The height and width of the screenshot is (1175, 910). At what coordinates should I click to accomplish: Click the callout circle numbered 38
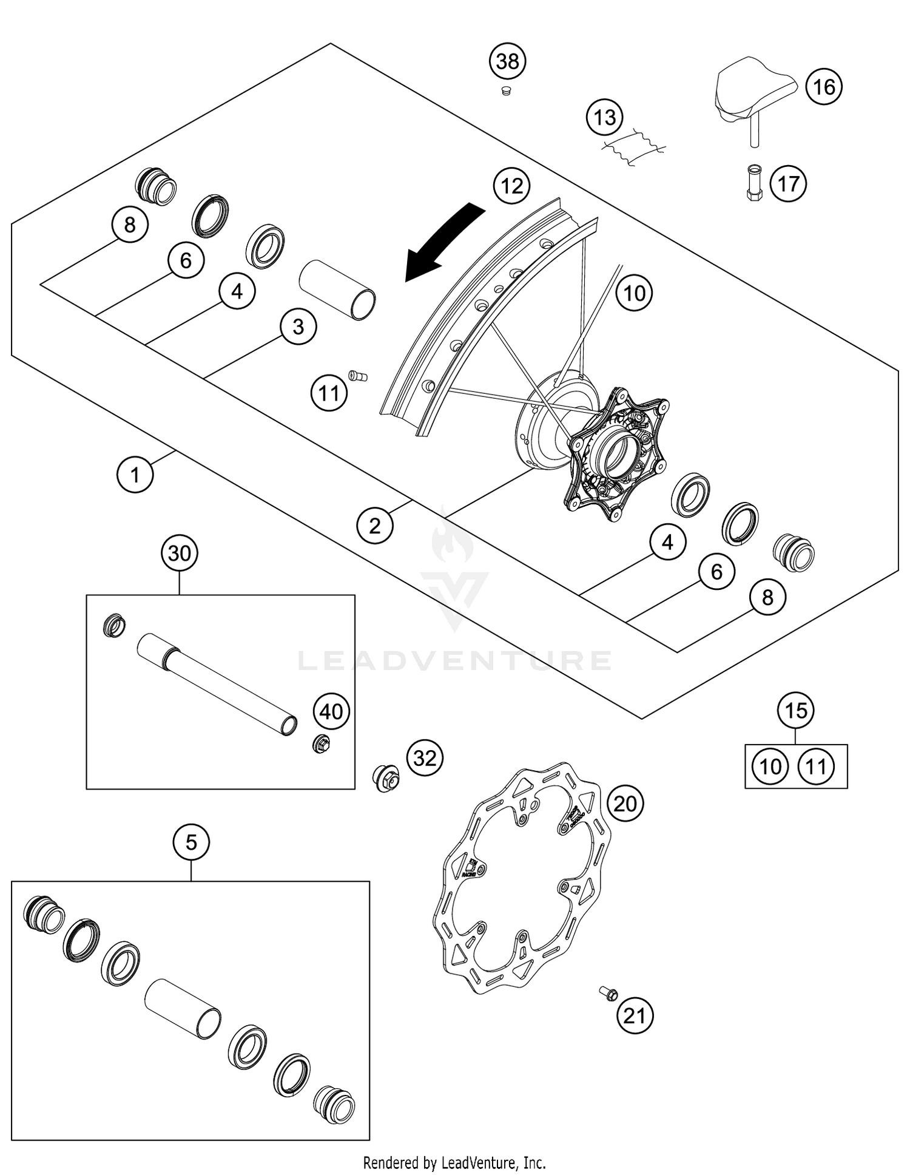508,61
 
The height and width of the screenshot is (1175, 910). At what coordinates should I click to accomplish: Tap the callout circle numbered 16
824,87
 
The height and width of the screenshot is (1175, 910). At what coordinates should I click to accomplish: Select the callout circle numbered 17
788,183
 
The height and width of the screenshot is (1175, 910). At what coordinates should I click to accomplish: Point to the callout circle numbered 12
511,186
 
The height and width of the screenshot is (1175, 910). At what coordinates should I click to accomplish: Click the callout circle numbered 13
604,117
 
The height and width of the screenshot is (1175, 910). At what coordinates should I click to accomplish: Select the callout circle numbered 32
425,758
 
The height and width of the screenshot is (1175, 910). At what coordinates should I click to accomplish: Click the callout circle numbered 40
331,711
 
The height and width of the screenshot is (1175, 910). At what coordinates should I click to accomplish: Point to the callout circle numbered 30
180,554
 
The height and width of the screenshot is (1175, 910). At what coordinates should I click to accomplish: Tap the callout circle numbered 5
191,842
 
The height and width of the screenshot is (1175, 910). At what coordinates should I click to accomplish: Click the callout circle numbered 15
796,710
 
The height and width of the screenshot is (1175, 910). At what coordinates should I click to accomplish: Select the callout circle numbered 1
135,475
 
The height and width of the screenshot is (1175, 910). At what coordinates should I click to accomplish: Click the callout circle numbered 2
375,526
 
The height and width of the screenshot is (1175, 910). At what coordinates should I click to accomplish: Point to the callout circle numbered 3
298,327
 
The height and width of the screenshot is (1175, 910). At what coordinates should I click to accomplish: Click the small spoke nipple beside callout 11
358,376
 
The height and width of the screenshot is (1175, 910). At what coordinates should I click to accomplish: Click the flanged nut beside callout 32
385,777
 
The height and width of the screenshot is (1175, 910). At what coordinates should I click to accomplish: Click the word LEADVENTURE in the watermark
455,660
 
